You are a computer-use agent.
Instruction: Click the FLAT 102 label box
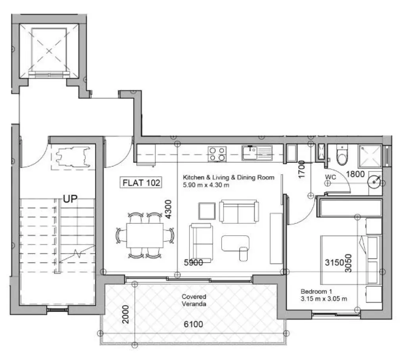[141, 183]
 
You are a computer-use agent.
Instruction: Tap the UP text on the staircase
[70, 199]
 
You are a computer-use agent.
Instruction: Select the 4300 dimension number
[168, 209]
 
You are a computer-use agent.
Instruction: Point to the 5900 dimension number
[193, 263]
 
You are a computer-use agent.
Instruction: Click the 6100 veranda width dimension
[193, 324]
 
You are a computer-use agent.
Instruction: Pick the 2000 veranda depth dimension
[126, 314]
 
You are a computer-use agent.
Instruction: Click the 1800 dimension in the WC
[355, 174]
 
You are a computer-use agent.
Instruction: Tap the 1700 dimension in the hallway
[302, 170]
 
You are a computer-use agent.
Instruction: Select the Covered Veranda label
[194, 300]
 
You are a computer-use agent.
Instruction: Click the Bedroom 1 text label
[316, 291]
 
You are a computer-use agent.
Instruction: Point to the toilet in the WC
[342, 155]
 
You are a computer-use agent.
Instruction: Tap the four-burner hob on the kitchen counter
[217, 154]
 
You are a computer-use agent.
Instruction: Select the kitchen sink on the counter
[257, 153]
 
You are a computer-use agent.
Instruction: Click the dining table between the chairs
[145, 235]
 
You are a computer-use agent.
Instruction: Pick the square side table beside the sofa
[207, 211]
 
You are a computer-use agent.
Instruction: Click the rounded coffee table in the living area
[235, 243]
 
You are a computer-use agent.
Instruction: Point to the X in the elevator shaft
[49, 50]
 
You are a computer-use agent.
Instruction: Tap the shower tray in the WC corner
[370, 156]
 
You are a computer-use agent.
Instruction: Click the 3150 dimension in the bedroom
[334, 263]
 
